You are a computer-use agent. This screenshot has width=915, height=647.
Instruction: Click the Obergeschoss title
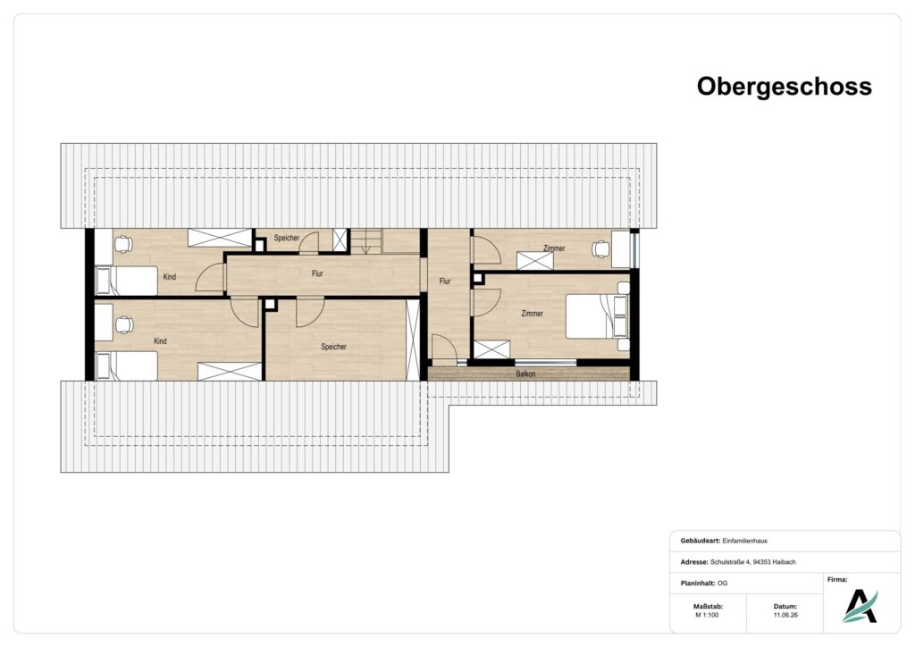click(x=784, y=87)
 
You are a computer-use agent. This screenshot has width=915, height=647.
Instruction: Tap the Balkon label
click(x=525, y=374)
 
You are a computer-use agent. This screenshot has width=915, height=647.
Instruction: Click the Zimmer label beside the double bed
click(x=532, y=314)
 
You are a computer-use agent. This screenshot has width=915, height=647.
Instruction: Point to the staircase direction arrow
click(x=365, y=247)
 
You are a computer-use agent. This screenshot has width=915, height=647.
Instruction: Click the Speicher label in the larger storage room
click(x=334, y=347)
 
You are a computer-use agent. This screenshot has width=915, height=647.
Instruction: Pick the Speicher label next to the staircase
click(x=287, y=238)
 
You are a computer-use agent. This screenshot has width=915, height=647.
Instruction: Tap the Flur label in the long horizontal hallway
click(x=317, y=273)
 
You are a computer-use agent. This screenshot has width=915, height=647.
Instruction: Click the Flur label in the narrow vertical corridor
click(x=445, y=281)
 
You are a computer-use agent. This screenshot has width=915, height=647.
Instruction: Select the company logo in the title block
click(x=860, y=606)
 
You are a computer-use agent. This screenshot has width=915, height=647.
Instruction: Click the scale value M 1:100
click(x=708, y=615)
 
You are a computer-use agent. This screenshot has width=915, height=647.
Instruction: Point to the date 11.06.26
click(x=785, y=615)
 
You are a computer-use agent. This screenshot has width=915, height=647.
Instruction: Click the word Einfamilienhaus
click(x=744, y=541)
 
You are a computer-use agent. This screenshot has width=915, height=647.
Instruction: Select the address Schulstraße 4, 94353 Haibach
click(x=752, y=562)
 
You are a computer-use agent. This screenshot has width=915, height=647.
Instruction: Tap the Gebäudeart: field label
click(x=700, y=541)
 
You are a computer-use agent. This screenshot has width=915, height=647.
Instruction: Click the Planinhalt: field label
click(x=698, y=584)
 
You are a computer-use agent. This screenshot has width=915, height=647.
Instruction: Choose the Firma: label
click(x=837, y=580)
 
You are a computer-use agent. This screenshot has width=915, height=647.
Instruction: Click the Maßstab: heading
click(x=708, y=607)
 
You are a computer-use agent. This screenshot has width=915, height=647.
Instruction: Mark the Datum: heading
click(x=785, y=607)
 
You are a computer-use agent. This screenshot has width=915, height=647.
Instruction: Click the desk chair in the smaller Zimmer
click(x=600, y=248)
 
